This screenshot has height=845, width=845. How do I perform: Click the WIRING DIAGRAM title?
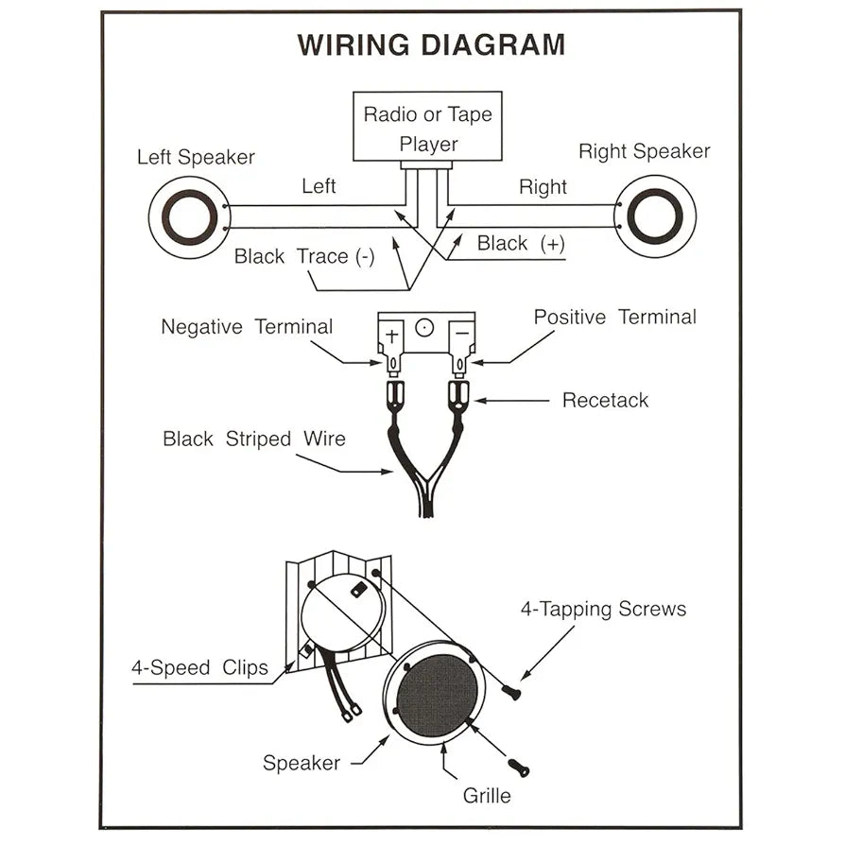pos(432,44)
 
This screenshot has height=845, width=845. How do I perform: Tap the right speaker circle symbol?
pos(654,216)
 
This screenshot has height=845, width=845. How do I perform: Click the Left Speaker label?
pos(196,157)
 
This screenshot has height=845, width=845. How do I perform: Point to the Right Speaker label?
pos(644,151)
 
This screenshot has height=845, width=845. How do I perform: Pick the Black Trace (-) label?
pos(304,256)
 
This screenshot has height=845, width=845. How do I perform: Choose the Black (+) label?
pos(521,244)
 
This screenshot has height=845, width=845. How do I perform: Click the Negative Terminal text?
pos(247,327)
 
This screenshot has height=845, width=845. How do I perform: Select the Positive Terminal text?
pos(614,318)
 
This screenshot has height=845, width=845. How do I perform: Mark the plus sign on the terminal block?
pos(393,334)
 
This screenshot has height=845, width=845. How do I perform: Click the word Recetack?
pos(605,400)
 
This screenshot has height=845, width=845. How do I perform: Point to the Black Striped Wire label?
pos(254,439)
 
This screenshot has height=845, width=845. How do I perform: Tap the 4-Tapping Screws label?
pos(603,609)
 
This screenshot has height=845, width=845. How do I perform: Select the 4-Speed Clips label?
pos(199,668)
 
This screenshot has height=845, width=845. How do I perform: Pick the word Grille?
pos(487,795)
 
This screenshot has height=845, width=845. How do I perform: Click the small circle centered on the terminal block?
pos(425,328)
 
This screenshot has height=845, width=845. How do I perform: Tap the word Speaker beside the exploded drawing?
pos(302,762)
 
